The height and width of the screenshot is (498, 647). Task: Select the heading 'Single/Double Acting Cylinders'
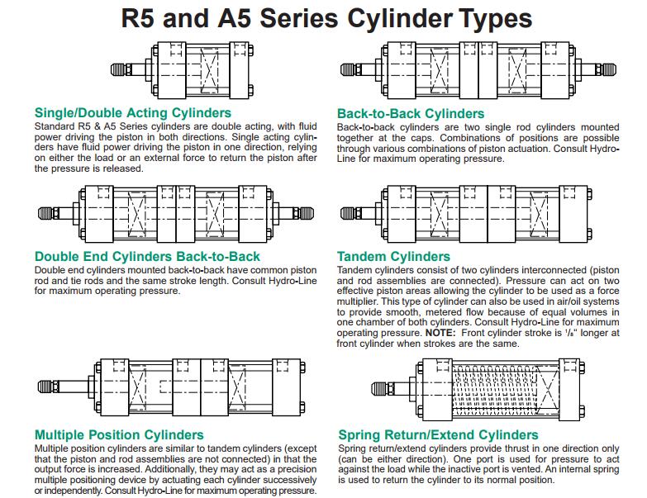(x=133, y=113)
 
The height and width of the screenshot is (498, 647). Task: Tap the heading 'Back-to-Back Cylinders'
(x=411, y=113)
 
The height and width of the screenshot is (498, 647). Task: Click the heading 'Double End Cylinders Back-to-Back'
(x=147, y=256)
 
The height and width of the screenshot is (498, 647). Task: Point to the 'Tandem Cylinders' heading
(x=394, y=257)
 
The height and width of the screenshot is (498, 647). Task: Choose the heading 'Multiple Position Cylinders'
(x=119, y=434)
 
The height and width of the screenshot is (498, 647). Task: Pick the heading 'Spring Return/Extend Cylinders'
(x=437, y=434)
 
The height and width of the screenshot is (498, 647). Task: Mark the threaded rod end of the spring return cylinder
(x=385, y=388)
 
